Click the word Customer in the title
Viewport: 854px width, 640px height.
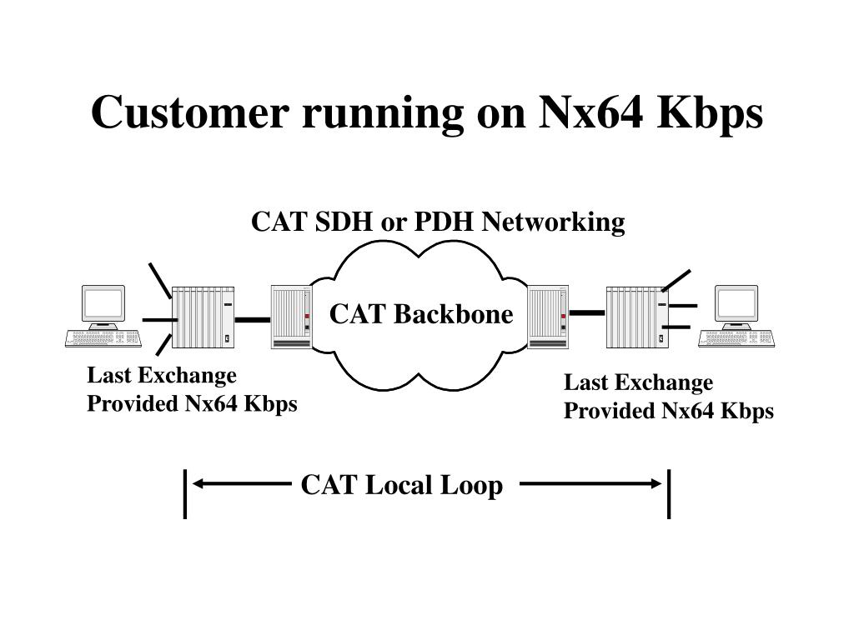(x=190, y=112)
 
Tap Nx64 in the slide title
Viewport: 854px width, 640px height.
(x=591, y=112)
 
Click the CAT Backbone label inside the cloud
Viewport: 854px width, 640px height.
(x=421, y=314)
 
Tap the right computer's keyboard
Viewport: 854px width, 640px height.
(x=736, y=338)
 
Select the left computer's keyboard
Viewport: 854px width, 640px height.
(x=103, y=338)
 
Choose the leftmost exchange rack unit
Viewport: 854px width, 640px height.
(x=203, y=317)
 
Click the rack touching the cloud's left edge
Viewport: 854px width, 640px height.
(x=291, y=317)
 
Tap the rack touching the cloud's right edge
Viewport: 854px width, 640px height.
(x=549, y=317)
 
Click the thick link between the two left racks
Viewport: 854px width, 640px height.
(x=253, y=320)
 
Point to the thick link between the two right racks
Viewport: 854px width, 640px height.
(x=587, y=313)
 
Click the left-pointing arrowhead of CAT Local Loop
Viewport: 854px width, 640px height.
(x=198, y=483)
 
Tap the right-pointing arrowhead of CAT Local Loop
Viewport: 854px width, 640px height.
(x=656, y=483)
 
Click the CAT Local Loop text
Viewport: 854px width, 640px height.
(x=402, y=486)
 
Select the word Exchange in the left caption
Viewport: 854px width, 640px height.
(x=187, y=376)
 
